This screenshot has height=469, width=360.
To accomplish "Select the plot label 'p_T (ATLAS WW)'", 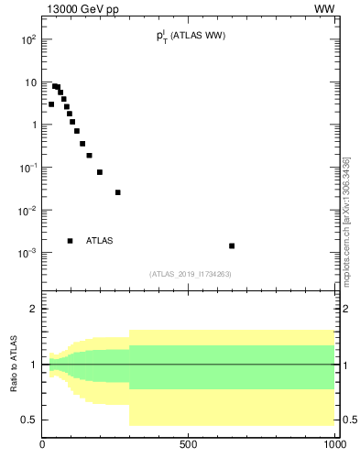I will [191, 37].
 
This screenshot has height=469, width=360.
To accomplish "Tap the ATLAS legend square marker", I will [71, 241].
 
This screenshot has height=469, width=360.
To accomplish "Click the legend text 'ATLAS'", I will [99, 241].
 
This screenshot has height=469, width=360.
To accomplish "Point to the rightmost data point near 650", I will [232, 245].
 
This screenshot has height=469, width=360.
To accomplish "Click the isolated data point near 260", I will [118, 192].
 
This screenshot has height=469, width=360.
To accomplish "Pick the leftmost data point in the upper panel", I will [51, 104].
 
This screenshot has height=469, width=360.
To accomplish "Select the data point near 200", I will [100, 172].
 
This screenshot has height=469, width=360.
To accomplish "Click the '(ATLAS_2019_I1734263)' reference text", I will [189, 274].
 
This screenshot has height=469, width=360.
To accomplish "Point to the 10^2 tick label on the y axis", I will [28, 40].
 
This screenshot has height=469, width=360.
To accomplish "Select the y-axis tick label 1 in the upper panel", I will [33, 125].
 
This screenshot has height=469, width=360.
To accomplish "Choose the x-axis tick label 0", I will [43, 446].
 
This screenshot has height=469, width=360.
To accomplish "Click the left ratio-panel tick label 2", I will [33, 309].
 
